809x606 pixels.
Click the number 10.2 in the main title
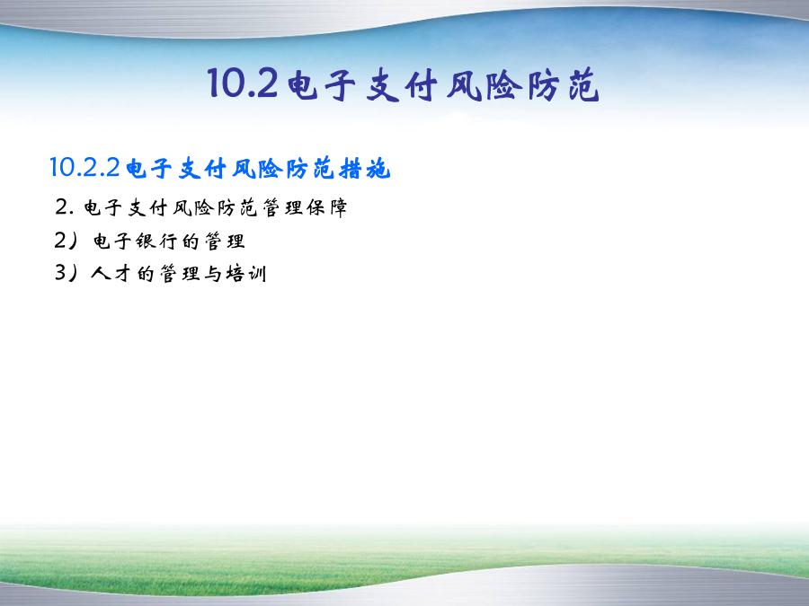pyautogui.click(x=243, y=83)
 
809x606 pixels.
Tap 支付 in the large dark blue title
pyautogui.click(x=402, y=85)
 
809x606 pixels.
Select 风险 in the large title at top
pyautogui.click(x=484, y=85)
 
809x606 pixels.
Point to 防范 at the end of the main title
pyautogui.click(x=564, y=85)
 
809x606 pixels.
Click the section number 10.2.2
pyautogui.click(x=85, y=168)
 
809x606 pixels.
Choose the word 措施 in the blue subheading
pyautogui.click(x=365, y=169)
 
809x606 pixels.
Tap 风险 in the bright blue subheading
pyautogui.click(x=256, y=169)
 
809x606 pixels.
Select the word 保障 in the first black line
pyautogui.click(x=327, y=207)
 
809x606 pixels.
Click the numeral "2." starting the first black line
pyautogui.click(x=64, y=207)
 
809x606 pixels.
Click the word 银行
pyautogui.click(x=157, y=241)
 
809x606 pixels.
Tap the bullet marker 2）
pyautogui.click(x=66, y=241)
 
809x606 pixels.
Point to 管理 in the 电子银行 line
pyautogui.click(x=225, y=241)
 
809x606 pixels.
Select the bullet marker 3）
pyautogui.click(x=66, y=273)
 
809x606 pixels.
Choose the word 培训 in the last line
pyautogui.click(x=245, y=273)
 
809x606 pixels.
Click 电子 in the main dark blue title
pyautogui.click(x=322, y=85)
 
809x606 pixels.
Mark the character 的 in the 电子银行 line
pyautogui.click(x=191, y=241)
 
